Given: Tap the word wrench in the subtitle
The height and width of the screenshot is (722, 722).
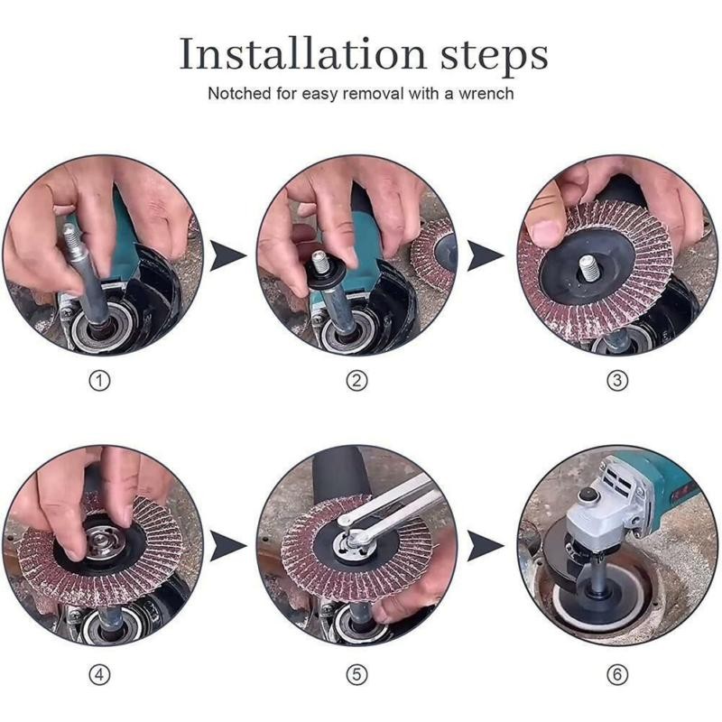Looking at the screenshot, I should (484, 93).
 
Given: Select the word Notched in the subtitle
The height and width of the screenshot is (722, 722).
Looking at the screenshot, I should (236, 93).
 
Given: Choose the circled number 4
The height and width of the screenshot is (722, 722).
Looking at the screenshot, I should (101, 672).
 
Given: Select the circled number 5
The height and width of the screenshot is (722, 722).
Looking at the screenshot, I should (358, 672).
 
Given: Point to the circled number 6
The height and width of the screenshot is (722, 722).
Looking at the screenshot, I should (617, 672).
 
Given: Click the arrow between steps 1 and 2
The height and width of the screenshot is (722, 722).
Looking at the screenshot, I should (228, 255).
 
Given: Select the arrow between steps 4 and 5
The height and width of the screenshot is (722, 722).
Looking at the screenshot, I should (228, 545).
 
